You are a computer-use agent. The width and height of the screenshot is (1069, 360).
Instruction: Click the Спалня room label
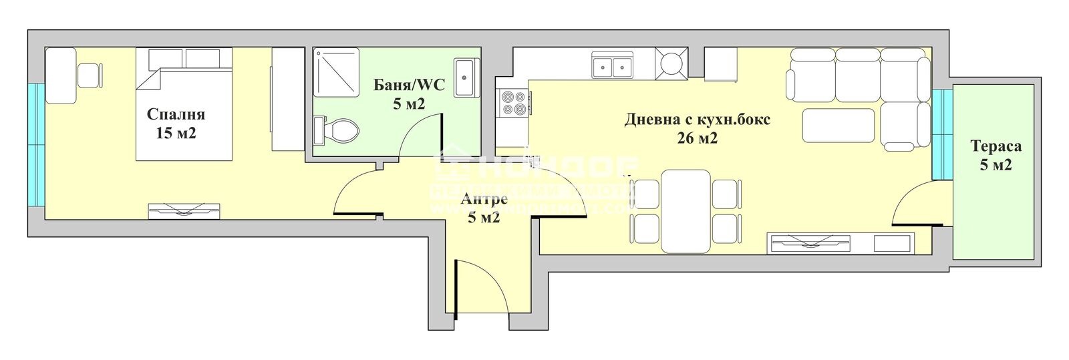click(x=176, y=114)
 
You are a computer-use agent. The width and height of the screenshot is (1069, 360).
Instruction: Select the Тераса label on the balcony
click(x=996, y=146)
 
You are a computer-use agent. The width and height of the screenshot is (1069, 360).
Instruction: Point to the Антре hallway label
click(x=484, y=199)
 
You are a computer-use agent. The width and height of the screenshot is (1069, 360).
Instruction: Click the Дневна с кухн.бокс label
click(x=698, y=120)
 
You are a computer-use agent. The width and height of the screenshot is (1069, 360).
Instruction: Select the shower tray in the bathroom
click(x=337, y=72)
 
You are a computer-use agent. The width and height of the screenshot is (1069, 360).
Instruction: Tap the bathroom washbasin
click(x=465, y=77)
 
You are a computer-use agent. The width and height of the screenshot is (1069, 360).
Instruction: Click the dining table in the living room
click(x=685, y=211)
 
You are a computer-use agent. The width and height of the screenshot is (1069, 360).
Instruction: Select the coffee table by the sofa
click(x=838, y=126)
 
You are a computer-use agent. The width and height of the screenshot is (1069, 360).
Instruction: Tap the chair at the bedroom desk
click(x=90, y=75)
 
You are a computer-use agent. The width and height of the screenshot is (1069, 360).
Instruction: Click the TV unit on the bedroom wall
click(x=183, y=210)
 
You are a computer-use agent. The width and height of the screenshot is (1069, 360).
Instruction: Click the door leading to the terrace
click(x=918, y=204)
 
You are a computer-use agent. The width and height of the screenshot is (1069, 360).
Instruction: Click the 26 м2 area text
click(x=698, y=138)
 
